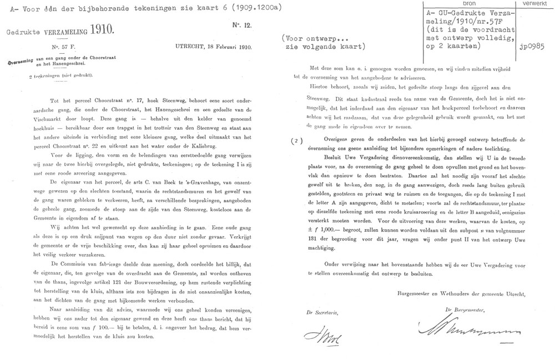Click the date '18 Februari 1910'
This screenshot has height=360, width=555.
(230, 48)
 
